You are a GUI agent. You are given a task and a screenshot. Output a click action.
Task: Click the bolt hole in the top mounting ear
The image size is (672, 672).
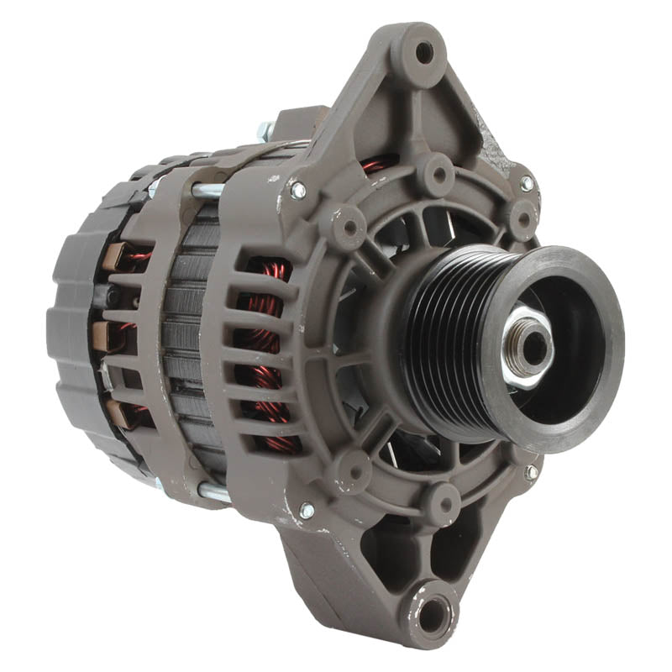[425, 52]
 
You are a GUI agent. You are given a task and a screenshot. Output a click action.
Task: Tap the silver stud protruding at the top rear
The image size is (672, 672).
[265, 131]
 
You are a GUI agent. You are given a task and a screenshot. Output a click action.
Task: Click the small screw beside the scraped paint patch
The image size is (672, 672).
[527, 183]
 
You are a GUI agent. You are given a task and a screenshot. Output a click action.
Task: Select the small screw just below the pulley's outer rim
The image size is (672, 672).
[531, 473]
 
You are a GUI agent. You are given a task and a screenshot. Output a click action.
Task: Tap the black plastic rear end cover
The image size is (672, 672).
[71, 336]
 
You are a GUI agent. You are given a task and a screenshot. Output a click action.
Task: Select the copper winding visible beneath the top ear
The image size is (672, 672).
[378, 165]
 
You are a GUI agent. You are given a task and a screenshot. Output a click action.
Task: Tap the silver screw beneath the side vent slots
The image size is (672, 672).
[307, 510]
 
